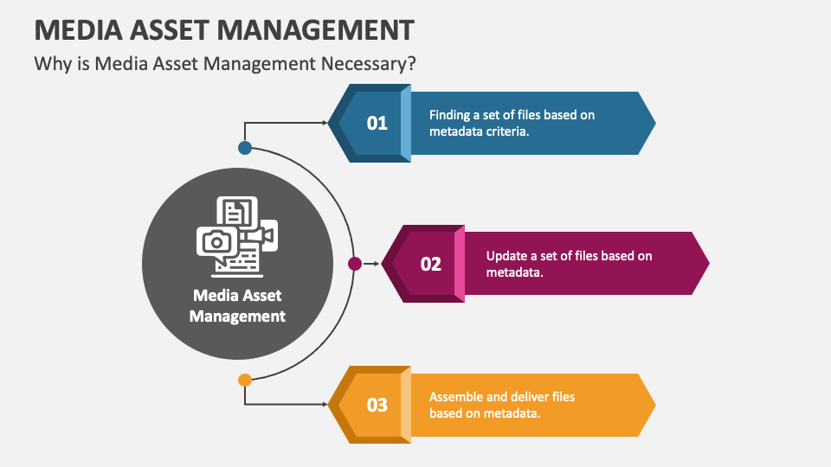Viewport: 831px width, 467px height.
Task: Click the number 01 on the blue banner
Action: coord(377,123)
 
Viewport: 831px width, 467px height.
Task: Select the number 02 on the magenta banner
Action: coord(431,264)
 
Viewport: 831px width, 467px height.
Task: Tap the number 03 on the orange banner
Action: coord(377,405)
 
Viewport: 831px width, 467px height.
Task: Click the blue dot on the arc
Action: coord(245,148)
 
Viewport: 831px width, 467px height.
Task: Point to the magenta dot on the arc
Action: coord(354,264)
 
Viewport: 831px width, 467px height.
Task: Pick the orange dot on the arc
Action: coord(245,380)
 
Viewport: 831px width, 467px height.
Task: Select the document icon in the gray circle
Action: coord(236,211)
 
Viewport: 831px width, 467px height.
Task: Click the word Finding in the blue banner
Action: coord(450,115)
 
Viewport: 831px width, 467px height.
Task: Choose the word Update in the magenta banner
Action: coord(506,256)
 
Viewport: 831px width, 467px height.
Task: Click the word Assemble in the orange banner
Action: coord(457,397)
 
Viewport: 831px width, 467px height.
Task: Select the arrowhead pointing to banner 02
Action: coord(376,264)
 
